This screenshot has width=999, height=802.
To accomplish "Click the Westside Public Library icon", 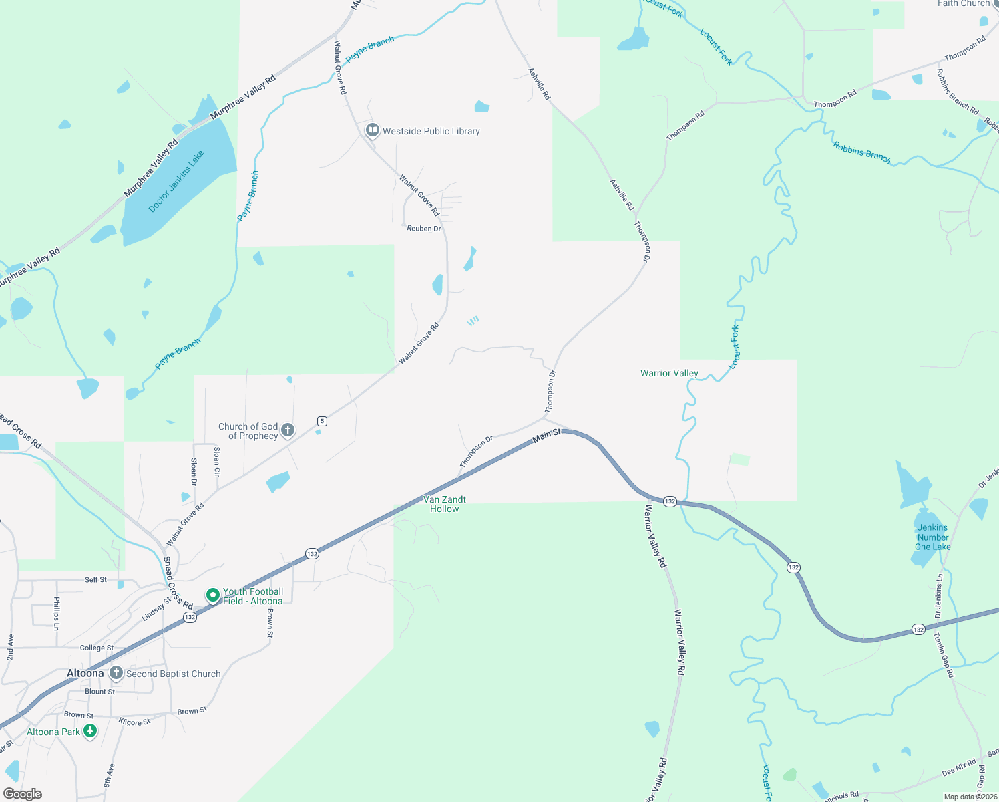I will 372,130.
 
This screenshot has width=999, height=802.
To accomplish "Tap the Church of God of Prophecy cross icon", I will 288,430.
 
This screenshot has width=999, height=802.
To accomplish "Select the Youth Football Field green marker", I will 213,595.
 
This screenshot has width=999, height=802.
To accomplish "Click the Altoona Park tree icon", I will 89,731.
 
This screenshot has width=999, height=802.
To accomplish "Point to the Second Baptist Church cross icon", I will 116,673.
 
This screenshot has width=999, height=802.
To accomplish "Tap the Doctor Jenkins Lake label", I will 176,182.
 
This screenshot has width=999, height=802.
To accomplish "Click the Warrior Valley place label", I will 669,373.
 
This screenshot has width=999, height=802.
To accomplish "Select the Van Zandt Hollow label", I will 445,504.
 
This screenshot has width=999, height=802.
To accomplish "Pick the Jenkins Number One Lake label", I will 933,537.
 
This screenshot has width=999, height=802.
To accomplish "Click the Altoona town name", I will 85,673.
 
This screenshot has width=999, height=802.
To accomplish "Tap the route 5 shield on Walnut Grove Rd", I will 323,421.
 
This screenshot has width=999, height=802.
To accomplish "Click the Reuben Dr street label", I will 424,229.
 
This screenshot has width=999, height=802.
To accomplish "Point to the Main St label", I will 547,436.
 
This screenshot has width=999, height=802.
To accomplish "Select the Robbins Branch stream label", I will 861,152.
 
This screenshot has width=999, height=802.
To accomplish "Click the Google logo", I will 23,793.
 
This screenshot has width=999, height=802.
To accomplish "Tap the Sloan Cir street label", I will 216,461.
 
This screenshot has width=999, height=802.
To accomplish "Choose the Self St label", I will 95,579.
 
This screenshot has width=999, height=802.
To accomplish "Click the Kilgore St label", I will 134,722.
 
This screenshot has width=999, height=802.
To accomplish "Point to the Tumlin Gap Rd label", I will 944,655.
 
